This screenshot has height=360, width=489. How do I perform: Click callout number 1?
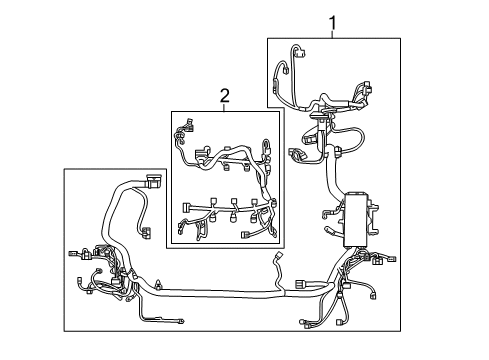[333, 22]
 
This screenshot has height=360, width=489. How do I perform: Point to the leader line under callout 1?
[333, 34]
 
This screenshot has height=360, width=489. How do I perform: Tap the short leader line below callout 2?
[224, 107]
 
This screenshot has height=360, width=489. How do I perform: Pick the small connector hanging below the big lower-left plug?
[146, 233]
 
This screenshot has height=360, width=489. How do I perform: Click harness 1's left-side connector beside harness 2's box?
[297, 156]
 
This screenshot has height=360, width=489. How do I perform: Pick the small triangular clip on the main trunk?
[158, 285]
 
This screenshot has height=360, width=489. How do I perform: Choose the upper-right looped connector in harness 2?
[266, 144]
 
